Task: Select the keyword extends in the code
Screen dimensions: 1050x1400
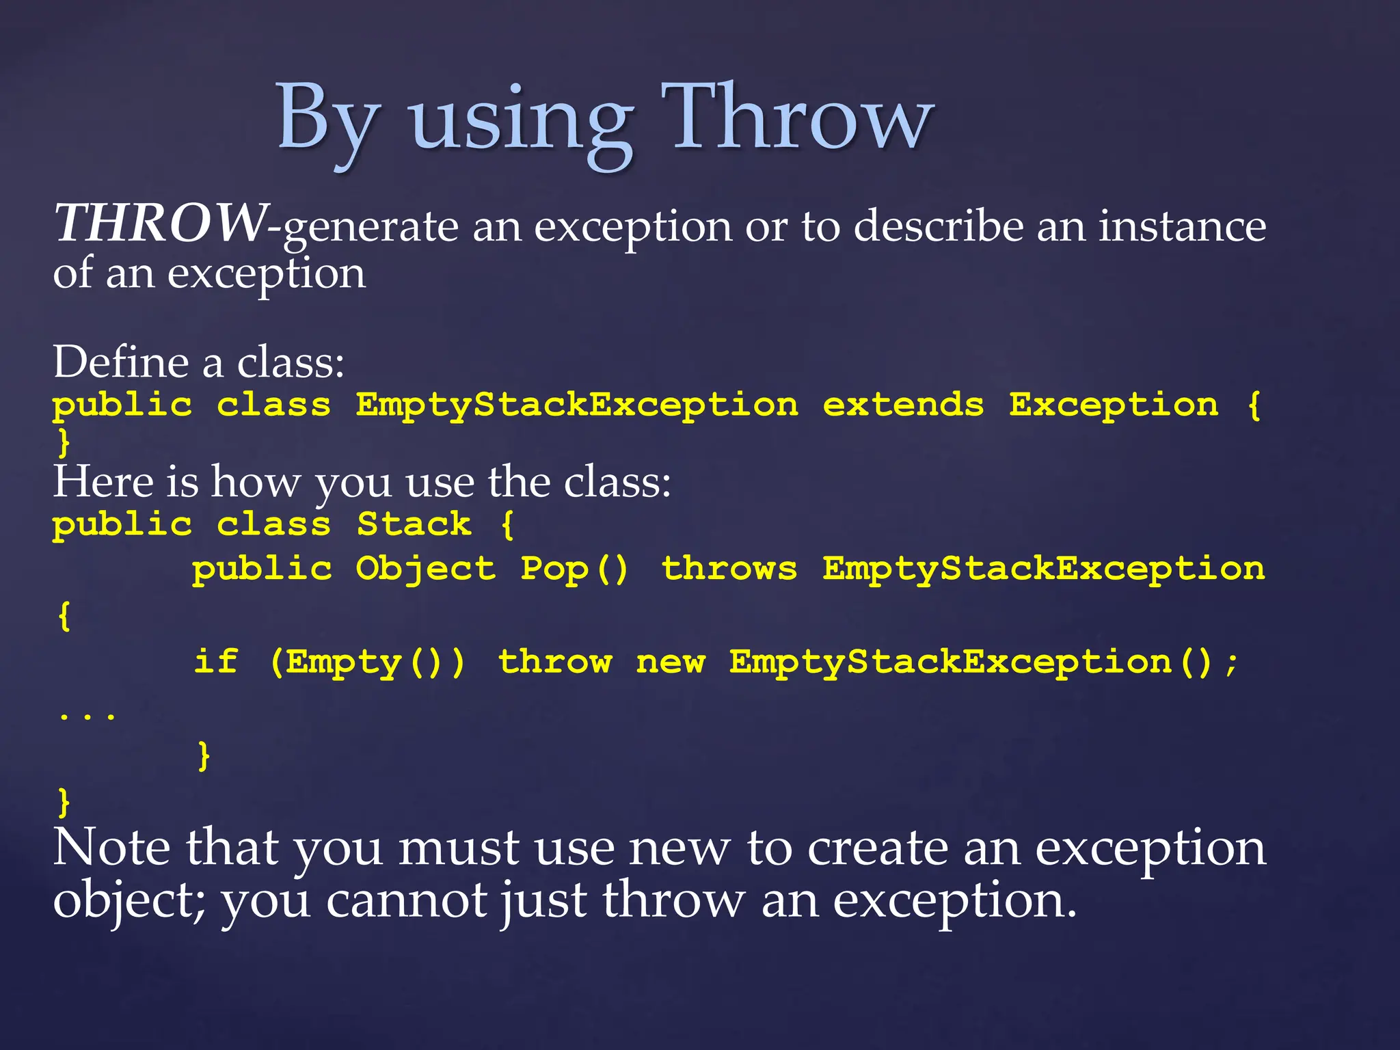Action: pyautogui.click(x=903, y=405)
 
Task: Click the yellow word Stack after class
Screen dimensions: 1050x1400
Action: pyautogui.click(x=414, y=524)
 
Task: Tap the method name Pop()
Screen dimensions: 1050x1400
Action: pyautogui.click(x=574, y=569)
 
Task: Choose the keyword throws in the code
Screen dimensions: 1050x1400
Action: pyautogui.click(x=729, y=569)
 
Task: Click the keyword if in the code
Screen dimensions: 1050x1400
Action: pyautogui.click(x=216, y=662)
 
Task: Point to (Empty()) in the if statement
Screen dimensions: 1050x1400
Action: pyautogui.click(x=368, y=662)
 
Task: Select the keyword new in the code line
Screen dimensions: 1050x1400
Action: pyautogui.click(x=671, y=662)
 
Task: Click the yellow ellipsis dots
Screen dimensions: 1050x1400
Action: pyautogui.click(x=87, y=716)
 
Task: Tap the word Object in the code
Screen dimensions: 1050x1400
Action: pyautogui.click(x=425, y=569)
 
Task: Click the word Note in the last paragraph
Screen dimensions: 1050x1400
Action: pyautogui.click(x=111, y=848)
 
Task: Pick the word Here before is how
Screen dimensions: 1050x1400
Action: pyautogui.click(x=103, y=481)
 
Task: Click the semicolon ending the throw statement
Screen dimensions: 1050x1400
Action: pyautogui.click(x=1231, y=663)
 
